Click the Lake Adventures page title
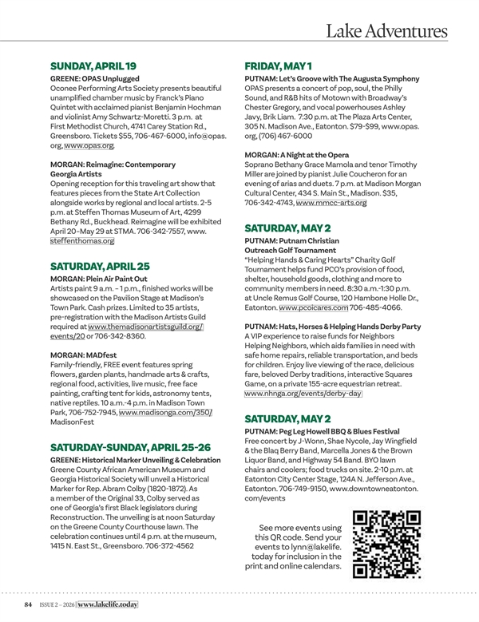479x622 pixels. click(x=386, y=31)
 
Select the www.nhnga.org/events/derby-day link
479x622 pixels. click(x=303, y=394)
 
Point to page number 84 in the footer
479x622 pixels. click(x=29, y=605)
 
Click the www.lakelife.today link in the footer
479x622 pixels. click(x=113, y=605)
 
